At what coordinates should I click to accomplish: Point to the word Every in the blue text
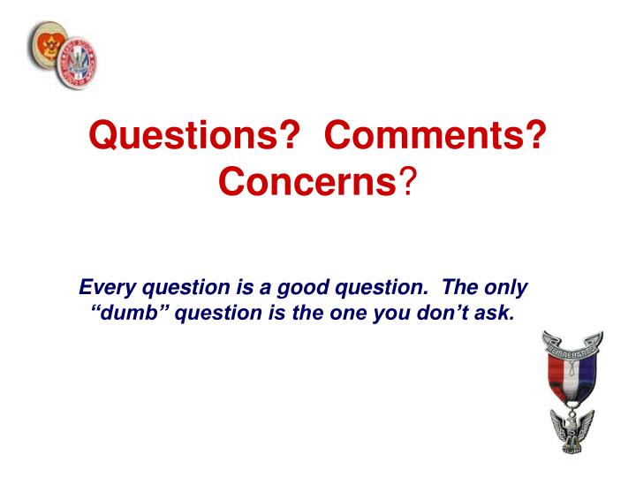[x=104, y=288]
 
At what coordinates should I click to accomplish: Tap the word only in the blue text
[x=506, y=288]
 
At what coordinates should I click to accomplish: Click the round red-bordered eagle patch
[x=74, y=63]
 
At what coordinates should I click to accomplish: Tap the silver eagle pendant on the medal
[x=572, y=433]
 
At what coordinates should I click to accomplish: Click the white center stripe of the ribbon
[x=572, y=379]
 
